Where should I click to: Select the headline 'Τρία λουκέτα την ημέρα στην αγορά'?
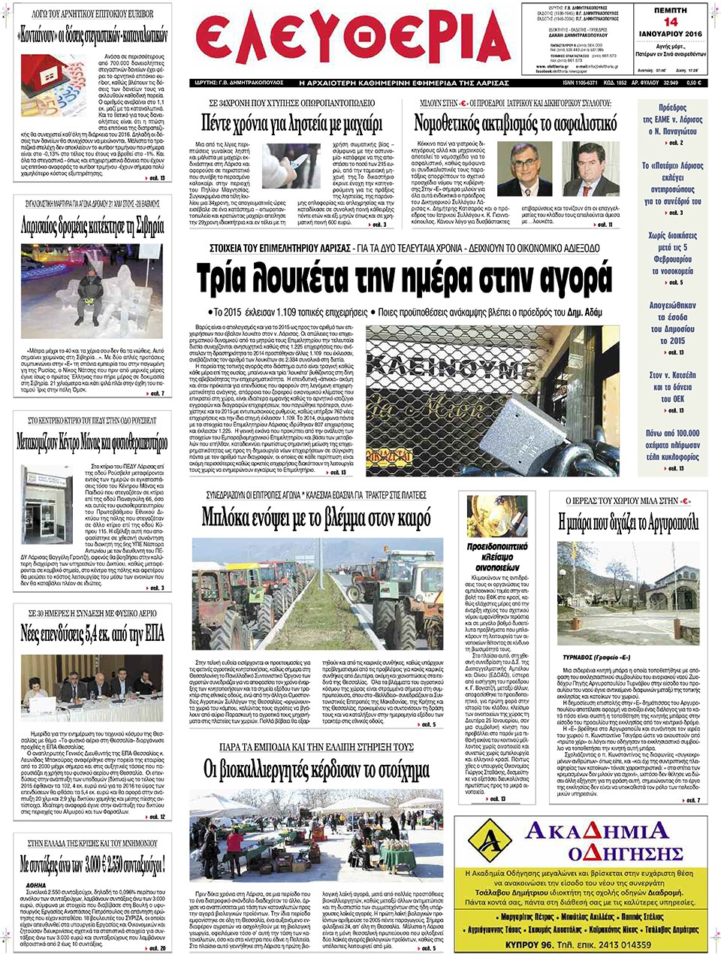click(404, 278)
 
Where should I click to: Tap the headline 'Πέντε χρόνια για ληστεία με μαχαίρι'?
click(291, 122)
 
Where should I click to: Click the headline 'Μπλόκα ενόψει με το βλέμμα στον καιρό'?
click(316, 518)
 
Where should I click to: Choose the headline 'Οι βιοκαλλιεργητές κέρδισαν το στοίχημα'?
click(316, 770)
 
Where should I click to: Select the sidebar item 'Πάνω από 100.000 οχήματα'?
click(671, 444)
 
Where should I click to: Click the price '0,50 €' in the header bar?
click(692, 83)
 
